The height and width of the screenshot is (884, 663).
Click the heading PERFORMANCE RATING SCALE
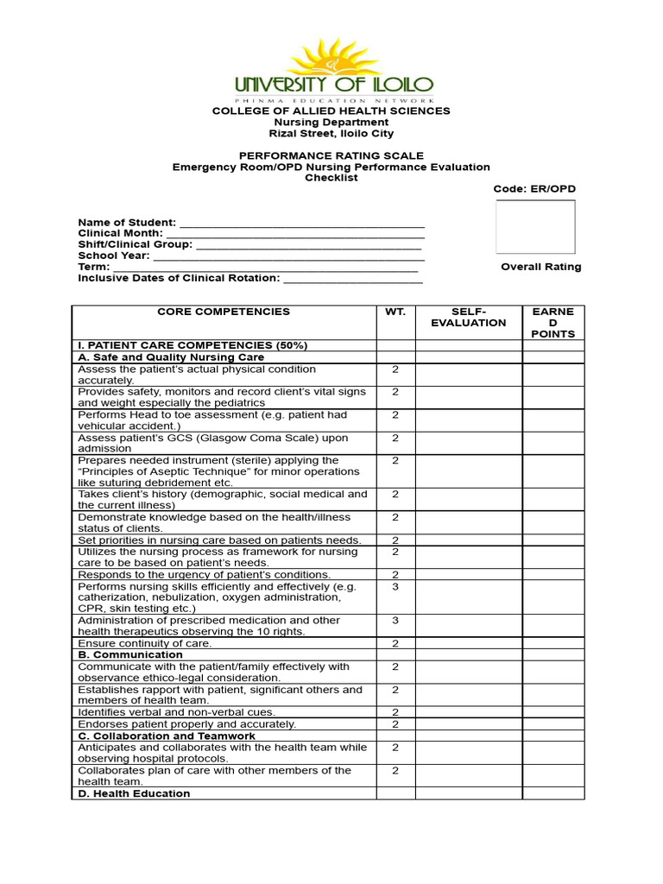pos(331,155)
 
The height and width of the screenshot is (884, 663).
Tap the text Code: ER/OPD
pos(534,189)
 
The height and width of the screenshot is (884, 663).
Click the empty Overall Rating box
pos(535,227)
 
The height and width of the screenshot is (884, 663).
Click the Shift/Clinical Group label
pos(136,244)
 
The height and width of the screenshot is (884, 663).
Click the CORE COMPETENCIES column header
pos(224,312)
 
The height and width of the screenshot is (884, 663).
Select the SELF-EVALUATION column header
pos(469,317)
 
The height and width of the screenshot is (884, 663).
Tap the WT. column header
pos(395,312)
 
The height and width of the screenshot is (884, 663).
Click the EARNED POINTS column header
pos(552,322)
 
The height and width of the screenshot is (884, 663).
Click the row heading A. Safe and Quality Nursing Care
pos(171,357)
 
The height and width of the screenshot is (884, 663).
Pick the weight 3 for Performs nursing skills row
pos(395,586)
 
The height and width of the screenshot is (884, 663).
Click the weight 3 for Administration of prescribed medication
pos(395,621)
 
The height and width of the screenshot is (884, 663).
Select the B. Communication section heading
pos(129,655)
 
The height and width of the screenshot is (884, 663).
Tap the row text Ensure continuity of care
pos(144,644)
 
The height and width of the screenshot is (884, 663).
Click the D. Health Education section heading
pos(134,793)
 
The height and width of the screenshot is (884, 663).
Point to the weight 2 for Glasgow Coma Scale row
pos(395,439)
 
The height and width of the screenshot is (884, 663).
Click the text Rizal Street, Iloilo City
pos(331,134)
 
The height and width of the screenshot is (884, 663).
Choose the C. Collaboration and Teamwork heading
pos(167,736)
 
